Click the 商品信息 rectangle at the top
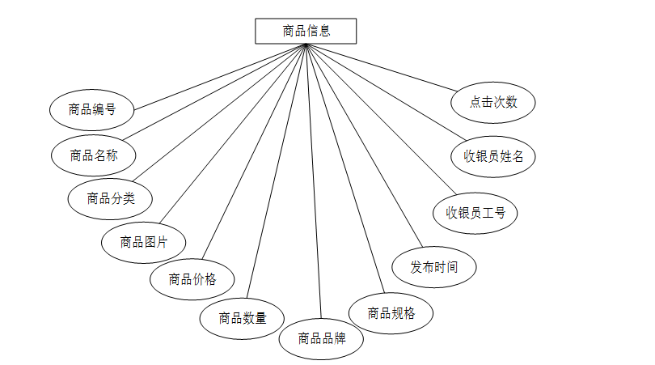click(306, 32)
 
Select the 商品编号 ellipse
click(91, 109)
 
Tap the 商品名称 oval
click(93, 154)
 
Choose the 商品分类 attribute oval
click(109, 197)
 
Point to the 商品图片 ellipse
click(144, 241)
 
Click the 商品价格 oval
click(192, 279)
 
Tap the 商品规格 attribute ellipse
click(391, 312)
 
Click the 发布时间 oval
click(433, 266)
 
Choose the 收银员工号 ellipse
click(475, 213)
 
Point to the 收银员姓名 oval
click(493, 156)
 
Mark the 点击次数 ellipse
click(493, 102)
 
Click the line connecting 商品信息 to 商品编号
click(218, 77)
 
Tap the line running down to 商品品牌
click(313, 178)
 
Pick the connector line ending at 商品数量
click(277, 170)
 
